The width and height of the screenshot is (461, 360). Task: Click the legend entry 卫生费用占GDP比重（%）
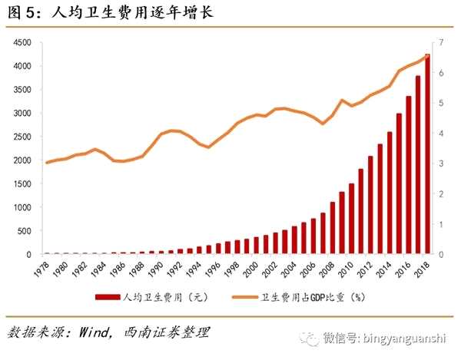308,297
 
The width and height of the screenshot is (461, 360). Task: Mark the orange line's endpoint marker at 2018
427,57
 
